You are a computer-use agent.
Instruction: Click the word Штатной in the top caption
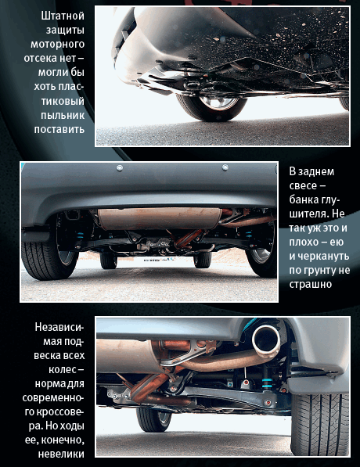pos(63,16)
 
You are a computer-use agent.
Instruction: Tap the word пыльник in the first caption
pos(63,115)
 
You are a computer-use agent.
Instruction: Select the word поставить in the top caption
pos(59,129)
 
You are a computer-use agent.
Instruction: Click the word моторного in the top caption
pos(57,44)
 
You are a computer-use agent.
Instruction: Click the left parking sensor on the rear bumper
pos(120,168)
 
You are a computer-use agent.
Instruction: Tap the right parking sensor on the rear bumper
pos(225,167)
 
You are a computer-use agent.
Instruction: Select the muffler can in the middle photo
pos(160,218)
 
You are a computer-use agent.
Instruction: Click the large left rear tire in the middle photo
pos(49,256)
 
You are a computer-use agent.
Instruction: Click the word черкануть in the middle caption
pos(319,256)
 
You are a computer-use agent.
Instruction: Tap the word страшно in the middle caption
pos(311,284)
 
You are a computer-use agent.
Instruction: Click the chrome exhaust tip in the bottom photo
pos(266,340)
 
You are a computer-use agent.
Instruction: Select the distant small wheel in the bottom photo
pos(154,419)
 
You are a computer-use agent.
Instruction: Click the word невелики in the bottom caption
pos(61,454)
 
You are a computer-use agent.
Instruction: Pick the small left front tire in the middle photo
pos(108,260)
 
